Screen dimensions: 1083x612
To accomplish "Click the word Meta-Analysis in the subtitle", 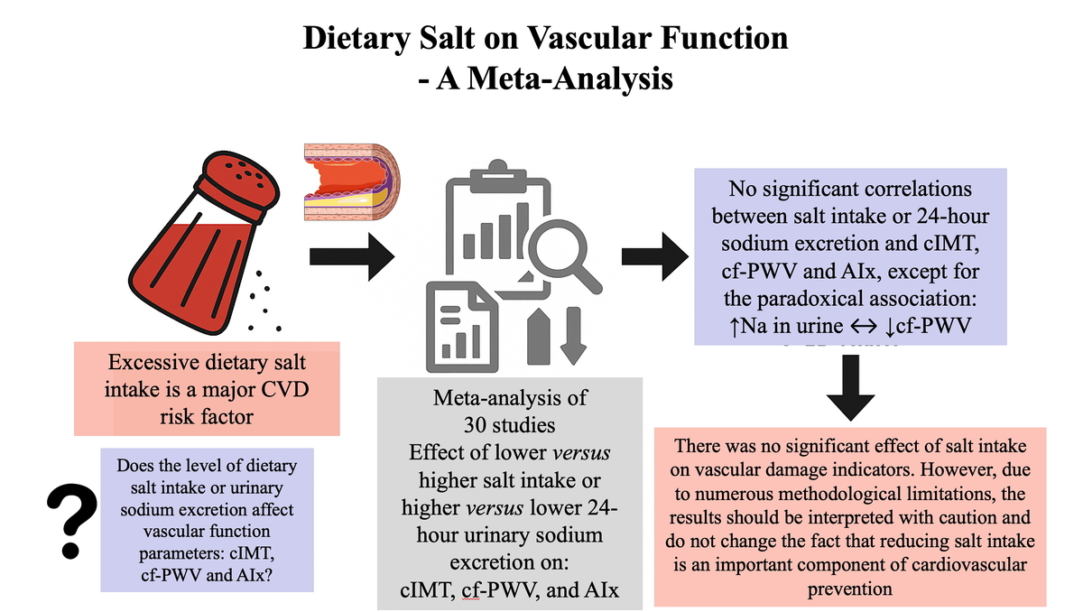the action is (569, 79).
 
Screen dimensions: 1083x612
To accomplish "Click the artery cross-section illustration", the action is (352, 181).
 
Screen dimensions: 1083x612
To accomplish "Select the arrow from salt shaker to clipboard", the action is (352, 256).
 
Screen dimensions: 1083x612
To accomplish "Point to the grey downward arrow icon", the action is (573, 336).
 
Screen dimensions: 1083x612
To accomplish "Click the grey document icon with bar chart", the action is (462, 328).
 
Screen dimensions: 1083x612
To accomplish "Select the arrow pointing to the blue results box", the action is (655, 256).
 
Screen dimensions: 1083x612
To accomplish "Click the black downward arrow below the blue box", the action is (850, 388).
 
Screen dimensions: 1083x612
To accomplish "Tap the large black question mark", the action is (71, 521).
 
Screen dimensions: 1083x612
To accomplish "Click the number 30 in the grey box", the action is (476, 425).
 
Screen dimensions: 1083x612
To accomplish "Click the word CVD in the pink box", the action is (285, 389).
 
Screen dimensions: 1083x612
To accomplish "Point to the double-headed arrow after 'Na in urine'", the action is (864, 326).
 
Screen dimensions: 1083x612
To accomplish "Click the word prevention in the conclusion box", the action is (850, 589).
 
